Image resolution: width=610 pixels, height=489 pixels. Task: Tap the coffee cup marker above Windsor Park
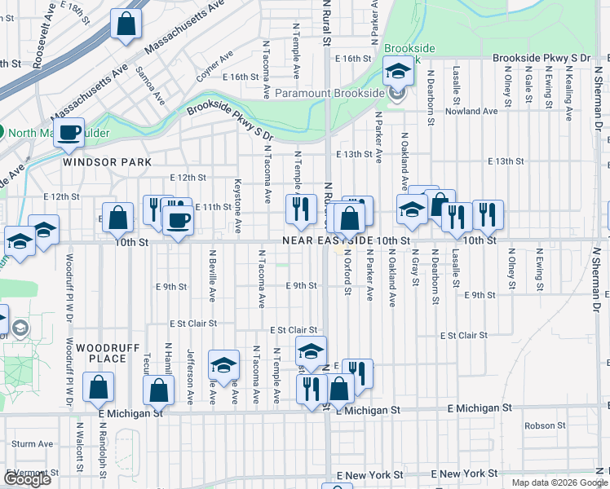[x=69, y=133]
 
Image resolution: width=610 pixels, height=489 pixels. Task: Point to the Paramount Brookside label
[x=330, y=94]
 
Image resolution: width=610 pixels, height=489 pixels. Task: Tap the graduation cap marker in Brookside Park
[x=398, y=72]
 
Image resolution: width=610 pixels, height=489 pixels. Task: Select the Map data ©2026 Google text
[x=559, y=482]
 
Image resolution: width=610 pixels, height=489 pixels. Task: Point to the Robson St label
[x=539, y=425]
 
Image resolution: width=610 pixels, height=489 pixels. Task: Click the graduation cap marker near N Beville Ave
[x=223, y=365]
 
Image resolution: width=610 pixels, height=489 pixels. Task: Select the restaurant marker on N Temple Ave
[x=301, y=208]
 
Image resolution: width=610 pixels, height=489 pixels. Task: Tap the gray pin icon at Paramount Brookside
[x=396, y=94]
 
